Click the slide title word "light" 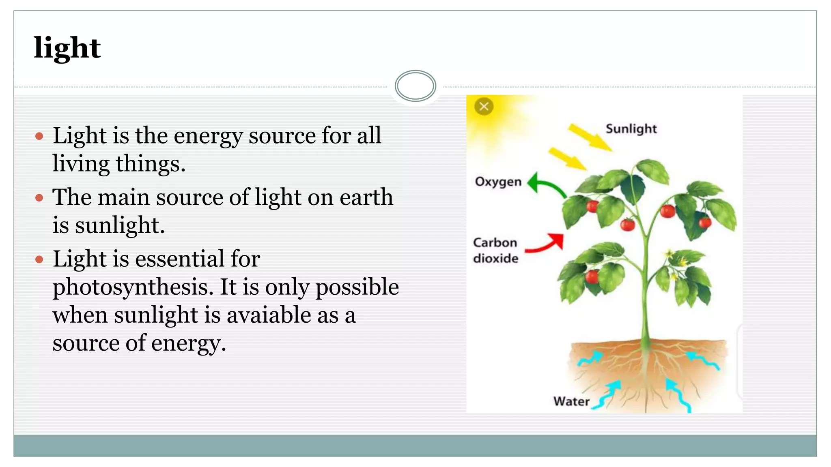click(x=67, y=48)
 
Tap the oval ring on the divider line click(x=415, y=86)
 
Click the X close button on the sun click(x=484, y=107)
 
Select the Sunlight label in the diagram click(x=631, y=129)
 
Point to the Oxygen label click(x=498, y=182)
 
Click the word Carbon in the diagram click(x=495, y=242)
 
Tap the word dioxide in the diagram click(x=495, y=258)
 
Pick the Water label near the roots click(x=571, y=401)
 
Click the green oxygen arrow click(x=546, y=185)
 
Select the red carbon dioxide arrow click(x=546, y=244)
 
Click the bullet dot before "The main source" click(x=39, y=198)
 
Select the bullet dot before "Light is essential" click(x=39, y=259)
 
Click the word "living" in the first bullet click(x=81, y=164)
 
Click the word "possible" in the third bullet click(x=357, y=287)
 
